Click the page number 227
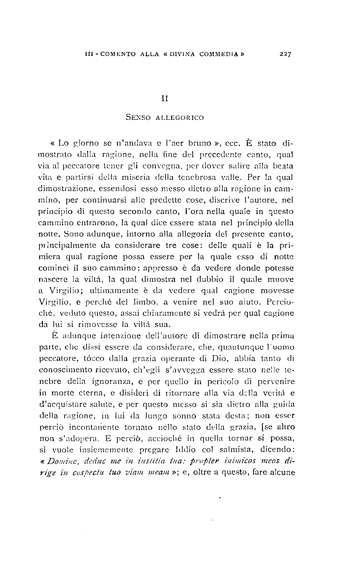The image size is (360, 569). point(285,54)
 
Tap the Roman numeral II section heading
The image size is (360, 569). point(164,99)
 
